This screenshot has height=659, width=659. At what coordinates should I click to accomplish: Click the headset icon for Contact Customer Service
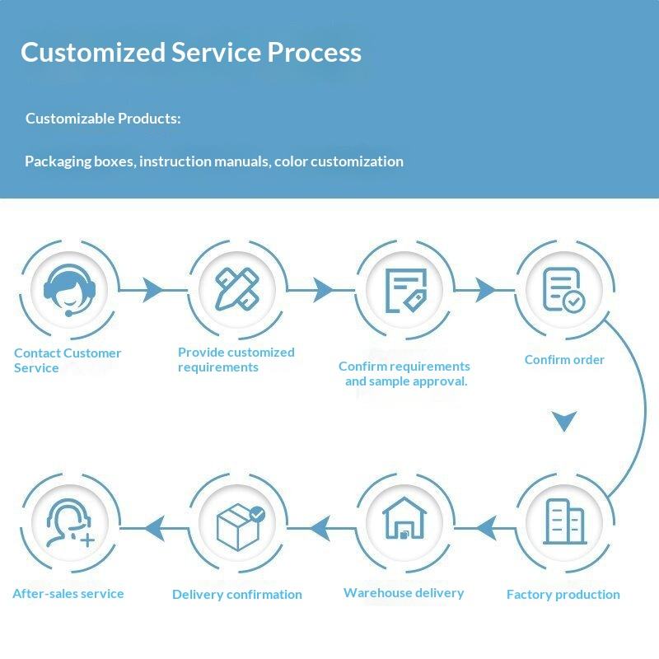[x=68, y=289]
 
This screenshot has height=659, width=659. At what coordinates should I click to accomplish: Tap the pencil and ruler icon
[x=238, y=288]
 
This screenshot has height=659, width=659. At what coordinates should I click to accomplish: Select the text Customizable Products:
[x=103, y=119]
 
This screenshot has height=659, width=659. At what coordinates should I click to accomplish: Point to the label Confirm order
[x=564, y=360]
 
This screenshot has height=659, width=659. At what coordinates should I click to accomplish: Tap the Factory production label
[x=563, y=595]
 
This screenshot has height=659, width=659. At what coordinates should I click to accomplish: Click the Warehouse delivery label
[x=404, y=593]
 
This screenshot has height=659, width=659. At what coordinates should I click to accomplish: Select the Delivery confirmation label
[x=237, y=595]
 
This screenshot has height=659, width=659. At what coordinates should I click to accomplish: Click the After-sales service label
[x=68, y=593]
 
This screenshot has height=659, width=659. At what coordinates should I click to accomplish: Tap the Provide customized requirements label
[x=236, y=360]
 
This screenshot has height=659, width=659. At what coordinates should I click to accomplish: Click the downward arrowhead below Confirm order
[x=564, y=421]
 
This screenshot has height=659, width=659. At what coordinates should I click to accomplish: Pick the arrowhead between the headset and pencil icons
[x=153, y=289]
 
